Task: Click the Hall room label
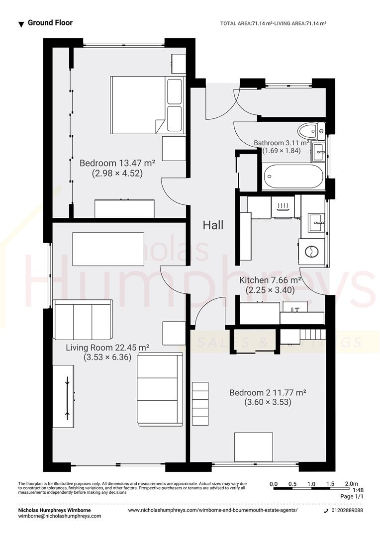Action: coord(213,225)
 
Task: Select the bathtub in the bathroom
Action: coord(293,177)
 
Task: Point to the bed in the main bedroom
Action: coord(147,105)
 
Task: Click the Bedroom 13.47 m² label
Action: coord(117,163)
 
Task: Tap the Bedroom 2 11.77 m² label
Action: coord(267,393)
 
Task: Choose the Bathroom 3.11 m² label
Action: coord(282,143)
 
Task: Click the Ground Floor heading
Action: coord(50,23)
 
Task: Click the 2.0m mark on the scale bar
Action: coord(351,484)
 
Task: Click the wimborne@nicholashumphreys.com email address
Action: coord(60,516)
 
